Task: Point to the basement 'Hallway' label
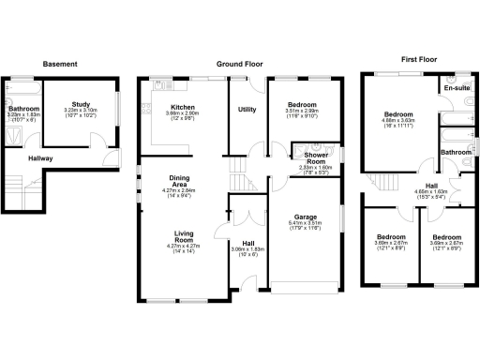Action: pyautogui.click(x=39, y=158)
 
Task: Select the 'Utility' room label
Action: pyautogui.click(x=247, y=110)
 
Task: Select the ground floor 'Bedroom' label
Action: pyautogui.click(x=301, y=104)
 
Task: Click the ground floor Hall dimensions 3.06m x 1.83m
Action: pyautogui.click(x=248, y=250)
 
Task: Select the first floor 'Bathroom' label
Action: pyautogui.click(x=457, y=152)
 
